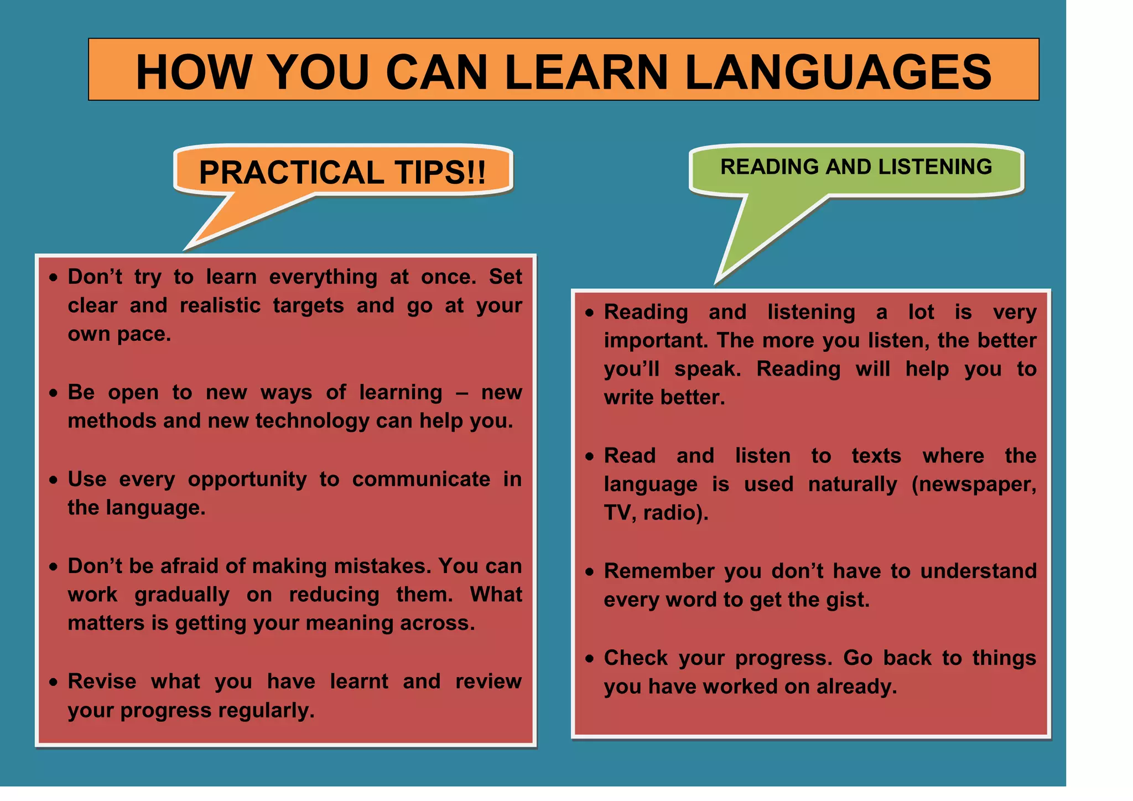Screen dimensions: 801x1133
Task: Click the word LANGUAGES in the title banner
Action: coord(838,72)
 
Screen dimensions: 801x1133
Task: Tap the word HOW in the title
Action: coord(193,72)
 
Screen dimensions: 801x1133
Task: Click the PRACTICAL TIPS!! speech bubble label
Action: coord(342,172)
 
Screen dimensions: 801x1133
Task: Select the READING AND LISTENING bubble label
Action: coord(856,167)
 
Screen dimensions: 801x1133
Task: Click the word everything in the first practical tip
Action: coord(323,277)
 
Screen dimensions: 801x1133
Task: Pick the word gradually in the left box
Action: coord(182,595)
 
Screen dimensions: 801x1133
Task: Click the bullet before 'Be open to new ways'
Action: coord(53,393)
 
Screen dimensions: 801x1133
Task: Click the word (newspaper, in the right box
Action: coord(974,485)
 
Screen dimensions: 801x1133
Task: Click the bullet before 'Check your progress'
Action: coord(590,659)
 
